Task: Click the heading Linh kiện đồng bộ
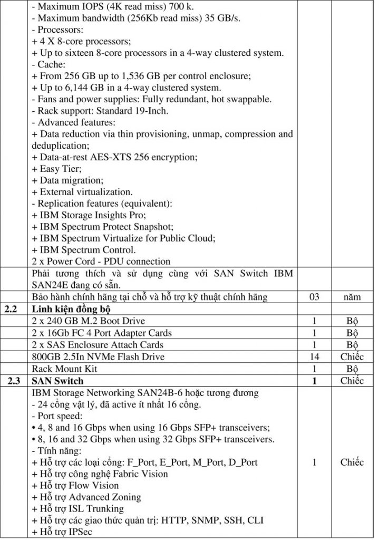(x=70, y=310)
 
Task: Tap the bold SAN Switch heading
(x=57, y=381)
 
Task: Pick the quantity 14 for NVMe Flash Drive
(x=314, y=357)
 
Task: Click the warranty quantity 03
(x=314, y=297)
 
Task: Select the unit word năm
(x=352, y=297)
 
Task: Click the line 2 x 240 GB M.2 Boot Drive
(x=88, y=321)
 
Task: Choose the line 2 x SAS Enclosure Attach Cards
(x=98, y=345)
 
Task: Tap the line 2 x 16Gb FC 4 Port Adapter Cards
(x=102, y=333)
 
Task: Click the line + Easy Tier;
(x=57, y=169)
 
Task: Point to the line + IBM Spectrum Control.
(x=84, y=250)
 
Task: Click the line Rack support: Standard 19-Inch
(x=101, y=111)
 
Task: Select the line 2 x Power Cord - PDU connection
(x=101, y=262)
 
